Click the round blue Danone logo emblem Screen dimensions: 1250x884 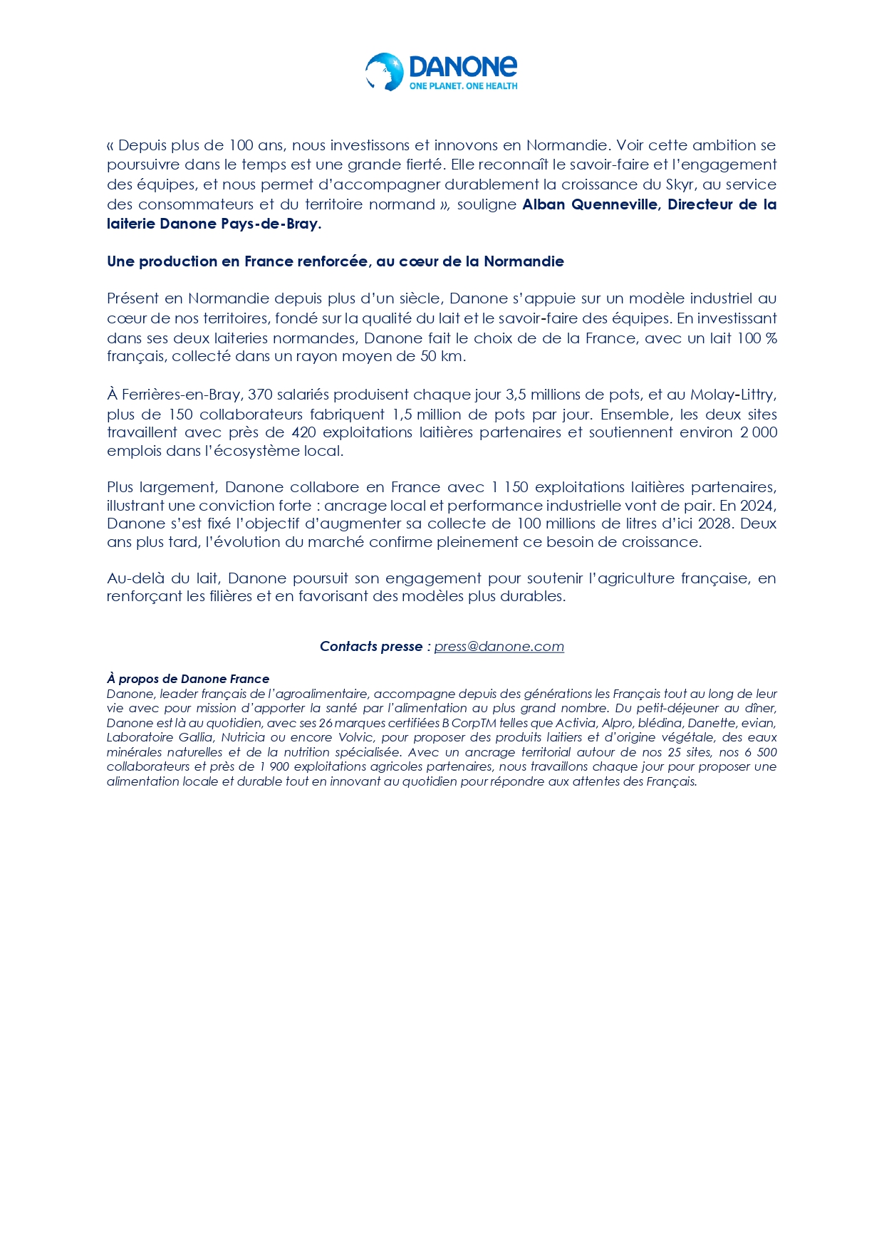pos(385,72)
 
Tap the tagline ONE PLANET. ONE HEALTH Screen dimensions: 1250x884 pos(463,86)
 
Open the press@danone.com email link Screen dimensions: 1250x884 pos(499,646)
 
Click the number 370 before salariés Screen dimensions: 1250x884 pos(261,395)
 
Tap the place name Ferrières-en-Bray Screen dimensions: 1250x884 pos(181,395)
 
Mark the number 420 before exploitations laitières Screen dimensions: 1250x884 pos(303,432)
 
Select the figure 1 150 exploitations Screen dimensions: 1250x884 pos(509,487)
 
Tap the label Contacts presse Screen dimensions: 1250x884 pos(370,646)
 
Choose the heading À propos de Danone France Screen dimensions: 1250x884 pos(188,679)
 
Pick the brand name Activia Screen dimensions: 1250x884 pos(575,723)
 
